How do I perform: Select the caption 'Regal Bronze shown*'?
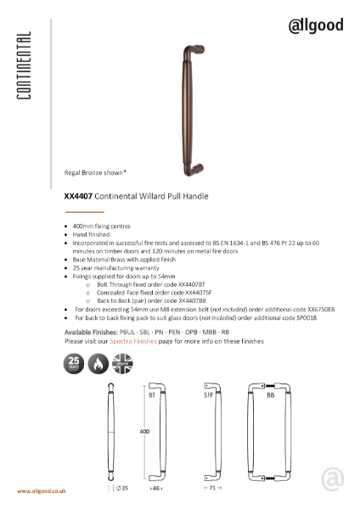point(95,172)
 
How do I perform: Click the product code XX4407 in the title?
point(78,196)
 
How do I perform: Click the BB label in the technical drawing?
point(270,395)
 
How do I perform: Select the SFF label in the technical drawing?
point(208,395)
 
